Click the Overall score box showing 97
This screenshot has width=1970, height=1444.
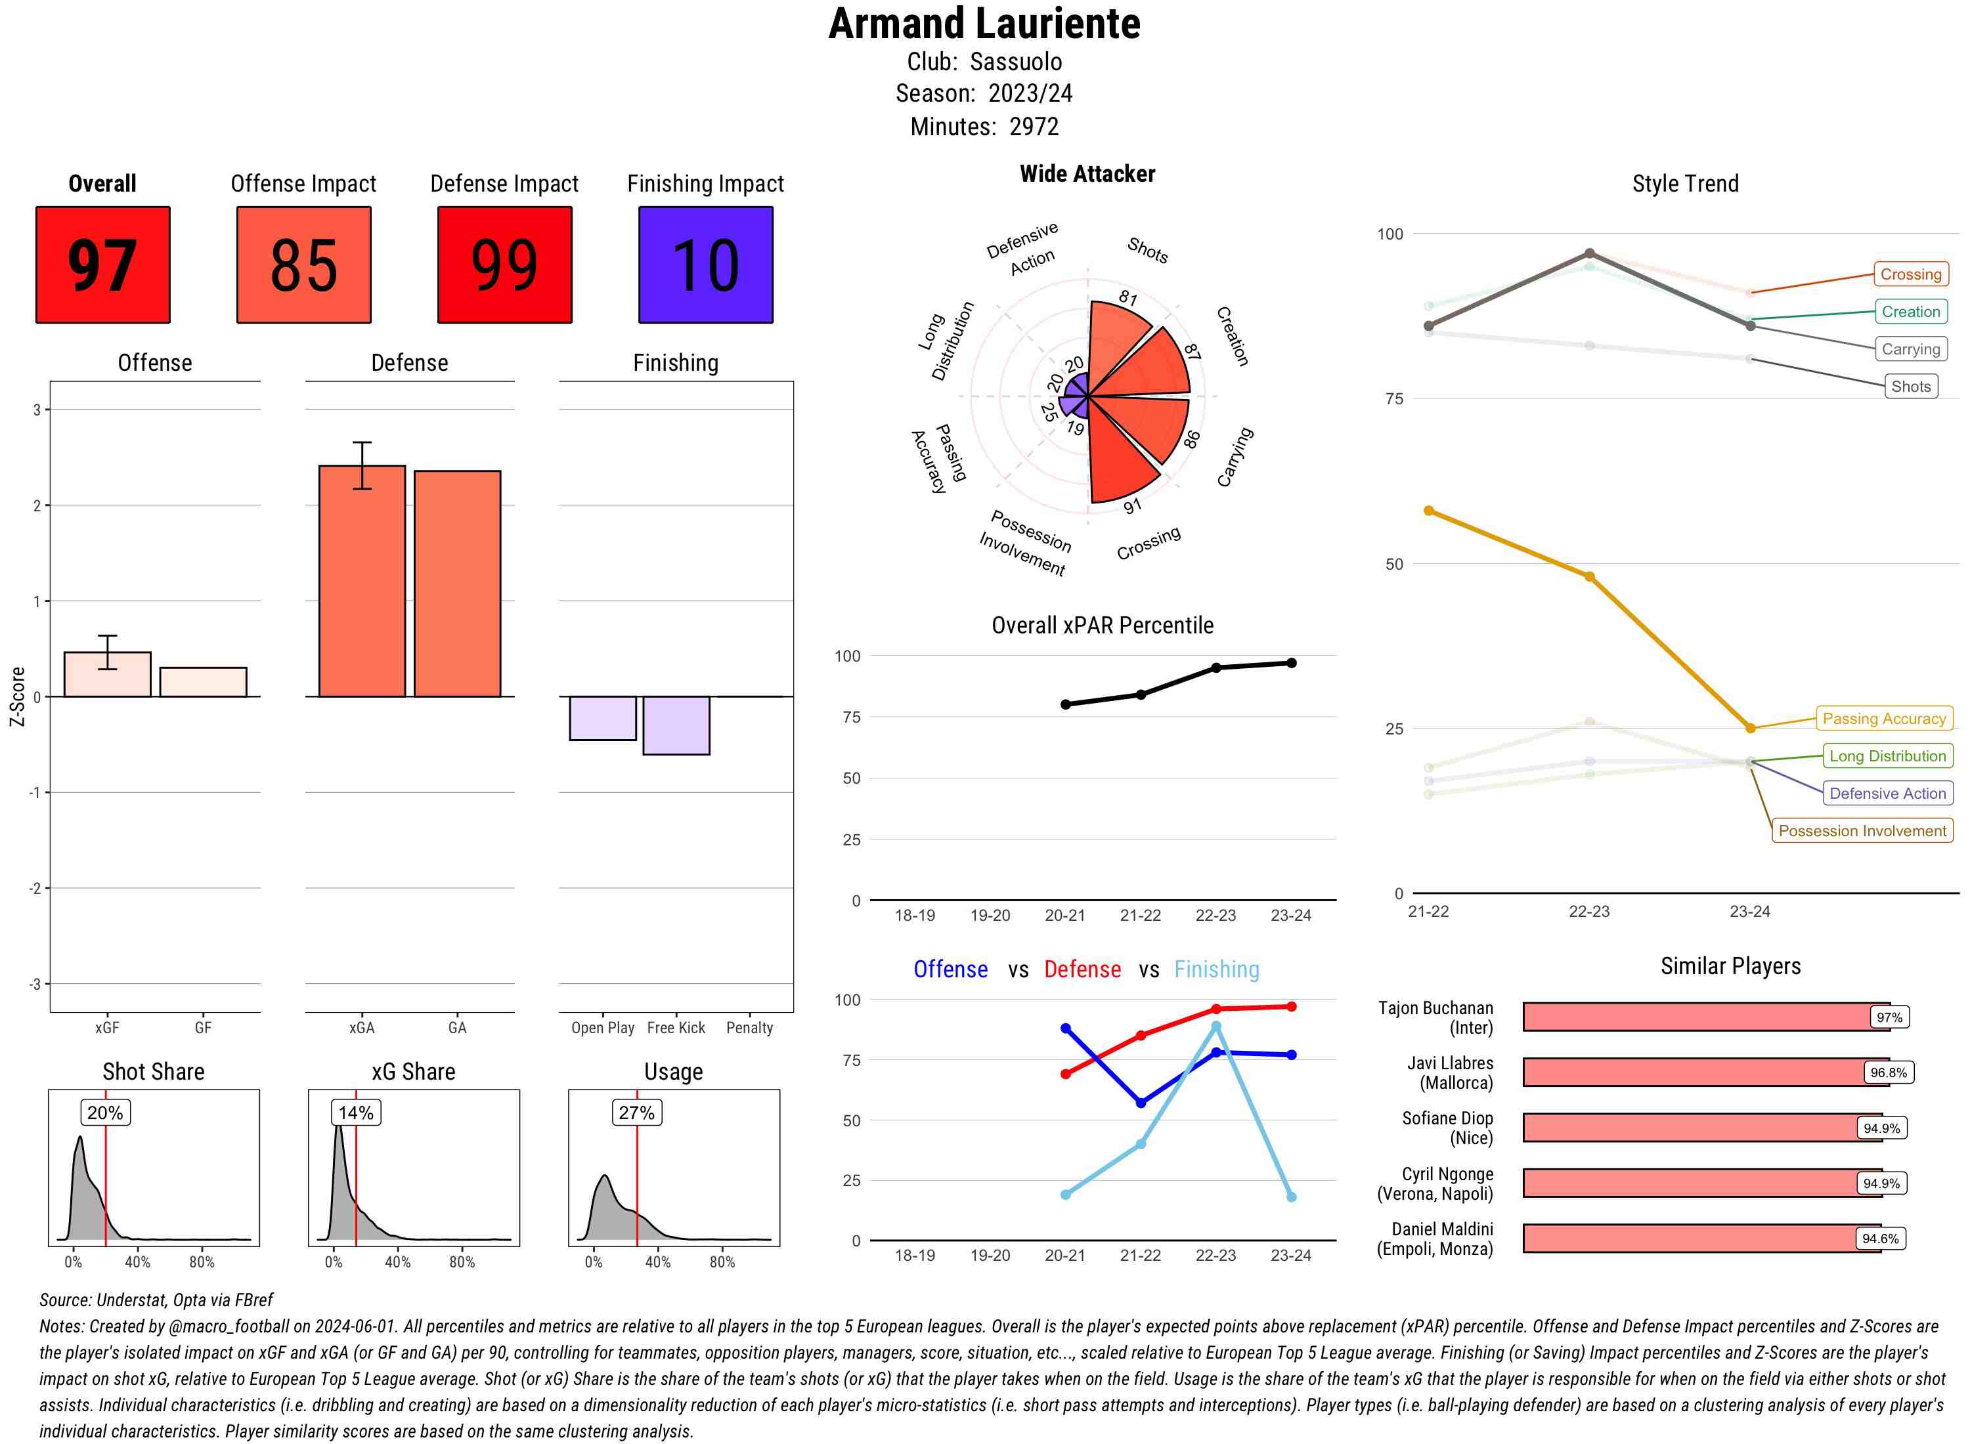pyautogui.click(x=102, y=265)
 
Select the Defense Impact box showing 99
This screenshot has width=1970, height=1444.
pyautogui.click(x=504, y=265)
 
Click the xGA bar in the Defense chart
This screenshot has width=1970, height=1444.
pyautogui.click(x=361, y=582)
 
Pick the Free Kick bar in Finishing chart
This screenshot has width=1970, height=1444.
pyautogui.click(x=676, y=725)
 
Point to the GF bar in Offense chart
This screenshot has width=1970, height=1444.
pyautogui.click(x=203, y=683)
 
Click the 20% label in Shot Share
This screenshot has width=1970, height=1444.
pyautogui.click(x=105, y=1113)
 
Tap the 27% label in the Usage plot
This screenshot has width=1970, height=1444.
pyautogui.click(x=636, y=1113)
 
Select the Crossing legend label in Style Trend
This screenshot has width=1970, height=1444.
pyautogui.click(x=1910, y=274)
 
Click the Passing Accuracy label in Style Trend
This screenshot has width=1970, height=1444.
pyautogui.click(x=1883, y=719)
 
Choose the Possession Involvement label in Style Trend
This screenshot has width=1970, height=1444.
pyautogui.click(x=1862, y=830)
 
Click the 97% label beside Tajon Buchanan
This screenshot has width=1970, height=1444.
pyautogui.click(x=1889, y=1017)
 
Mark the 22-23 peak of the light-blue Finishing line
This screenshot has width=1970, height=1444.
pyautogui.click(x=1215, y=1026)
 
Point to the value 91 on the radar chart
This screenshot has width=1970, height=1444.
pyautogui.click(x=1132, y=506)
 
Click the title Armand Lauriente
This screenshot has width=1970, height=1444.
pyautogui.click(x=984, y=24)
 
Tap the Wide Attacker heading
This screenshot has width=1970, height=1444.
pyautogui.click(x=1087, y=174)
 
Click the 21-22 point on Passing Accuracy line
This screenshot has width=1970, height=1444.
pyautogui.click(x=1428, y=511)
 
